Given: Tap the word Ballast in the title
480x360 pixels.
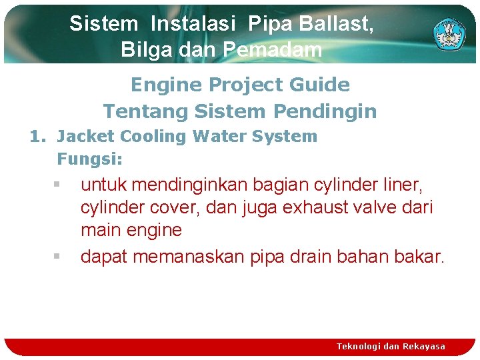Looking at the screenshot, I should (336, 24).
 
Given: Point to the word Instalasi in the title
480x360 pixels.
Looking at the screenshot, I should (193, 24).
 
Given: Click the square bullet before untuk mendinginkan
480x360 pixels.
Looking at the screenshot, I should (58, 183).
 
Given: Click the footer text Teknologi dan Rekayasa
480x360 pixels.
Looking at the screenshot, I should (391, 346).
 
